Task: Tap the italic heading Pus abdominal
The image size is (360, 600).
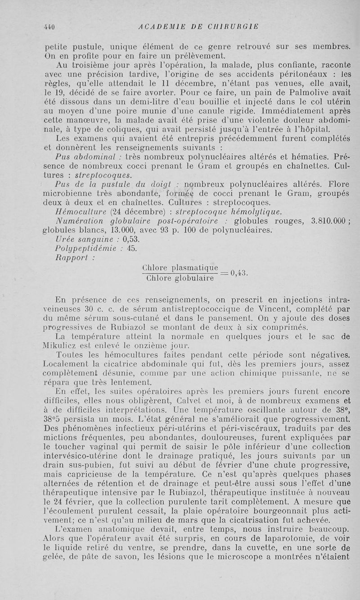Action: (x=85, y=156)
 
